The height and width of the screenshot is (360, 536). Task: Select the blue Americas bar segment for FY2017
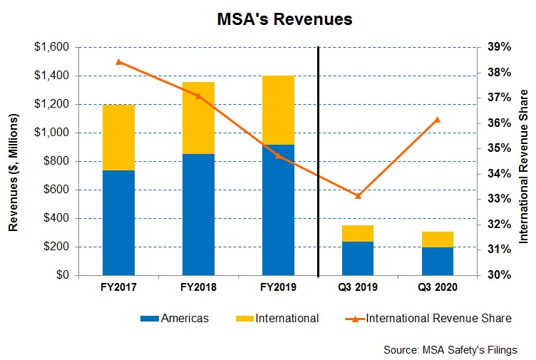[118, 222]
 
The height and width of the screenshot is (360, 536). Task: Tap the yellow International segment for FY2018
[198, 118]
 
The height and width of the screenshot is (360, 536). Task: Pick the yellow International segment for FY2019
[278, 110]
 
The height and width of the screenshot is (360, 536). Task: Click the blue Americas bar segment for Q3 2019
[357, 258]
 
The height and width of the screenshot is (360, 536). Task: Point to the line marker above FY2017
[118, 62]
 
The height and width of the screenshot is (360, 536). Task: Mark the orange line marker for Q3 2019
[357, 195]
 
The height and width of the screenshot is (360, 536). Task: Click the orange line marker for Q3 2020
[437, 119]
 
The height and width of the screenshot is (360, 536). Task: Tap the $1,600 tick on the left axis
[52, 47]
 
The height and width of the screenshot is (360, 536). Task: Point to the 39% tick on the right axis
[499, 47]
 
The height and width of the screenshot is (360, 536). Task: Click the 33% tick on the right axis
[499, 199]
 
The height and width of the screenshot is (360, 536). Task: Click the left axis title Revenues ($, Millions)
[13, 161]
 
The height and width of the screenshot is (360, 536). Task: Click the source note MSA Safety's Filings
[450, 349]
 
